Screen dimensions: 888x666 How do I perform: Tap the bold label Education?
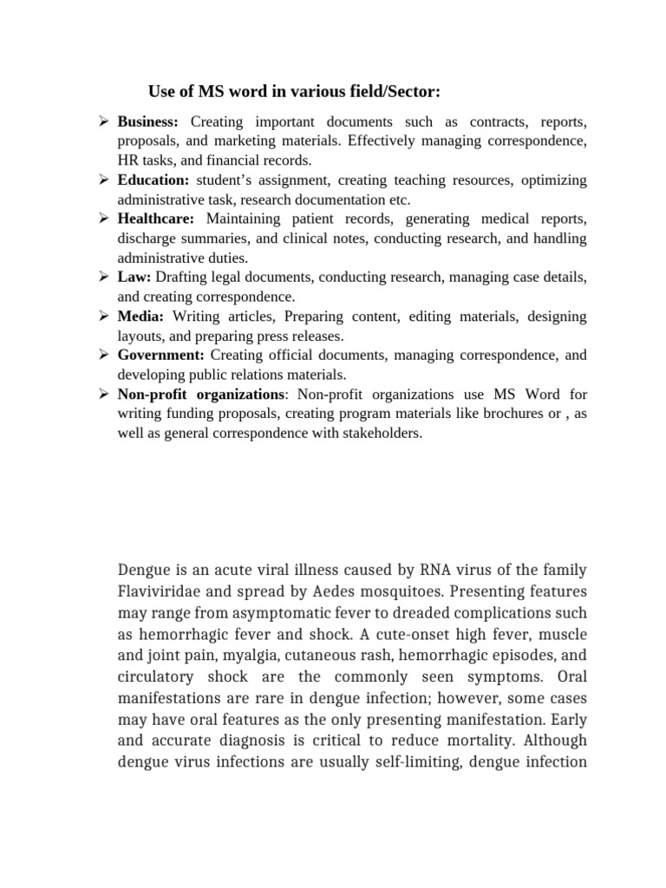click(x=153, y=180)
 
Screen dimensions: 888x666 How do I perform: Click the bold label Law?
click(x=134, y=277)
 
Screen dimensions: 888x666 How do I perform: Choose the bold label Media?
click(x=140, y=317)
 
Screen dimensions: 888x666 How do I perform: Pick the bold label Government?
click(x=161, y=356)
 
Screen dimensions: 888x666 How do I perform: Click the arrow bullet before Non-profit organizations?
click(x=101, y=395)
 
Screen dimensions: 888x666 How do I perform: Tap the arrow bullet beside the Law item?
click(x=101, y=277)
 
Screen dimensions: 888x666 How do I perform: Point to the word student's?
click(x=227, y=180)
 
